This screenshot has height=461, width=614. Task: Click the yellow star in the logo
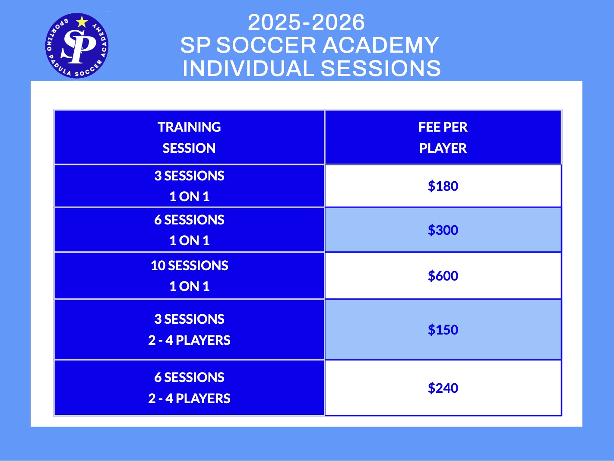(82, 22)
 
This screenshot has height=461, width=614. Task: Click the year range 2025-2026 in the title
(306, 22)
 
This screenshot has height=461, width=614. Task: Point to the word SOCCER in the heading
(266, 45)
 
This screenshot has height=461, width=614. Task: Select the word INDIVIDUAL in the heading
(248, 68)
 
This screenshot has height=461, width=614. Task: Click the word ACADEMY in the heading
(381, 45)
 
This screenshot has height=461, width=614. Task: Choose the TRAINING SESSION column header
(189, 137)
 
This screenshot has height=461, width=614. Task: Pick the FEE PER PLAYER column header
(443, 137)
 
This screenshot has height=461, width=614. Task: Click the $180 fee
(443, 186)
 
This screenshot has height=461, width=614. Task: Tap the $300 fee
(443, 230)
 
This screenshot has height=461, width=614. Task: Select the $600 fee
(443, 276)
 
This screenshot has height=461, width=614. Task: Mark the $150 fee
(443, 330)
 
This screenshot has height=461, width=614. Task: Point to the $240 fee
(443, 388)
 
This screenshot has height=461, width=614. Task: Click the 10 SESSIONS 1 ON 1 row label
(190, 276)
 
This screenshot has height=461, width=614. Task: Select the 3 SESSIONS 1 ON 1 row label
(190, 186)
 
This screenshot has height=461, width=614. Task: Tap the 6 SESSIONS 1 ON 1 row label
(190, 230)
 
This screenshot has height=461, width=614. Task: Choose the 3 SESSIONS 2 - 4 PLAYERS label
(190, 330)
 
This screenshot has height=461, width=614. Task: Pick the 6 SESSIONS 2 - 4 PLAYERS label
(190, 388)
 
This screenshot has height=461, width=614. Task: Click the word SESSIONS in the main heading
(381, 68)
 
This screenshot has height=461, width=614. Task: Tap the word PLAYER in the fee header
(443, 148)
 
